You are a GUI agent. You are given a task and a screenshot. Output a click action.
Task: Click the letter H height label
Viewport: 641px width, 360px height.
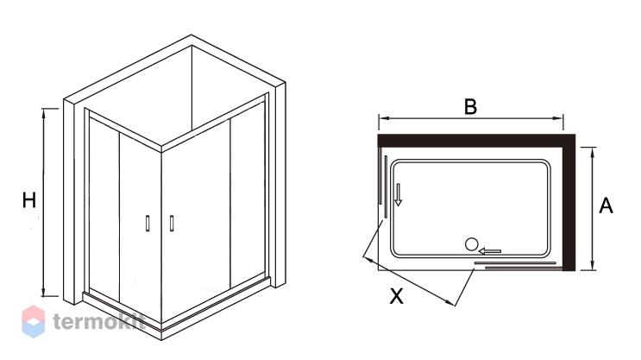tap(29, 200)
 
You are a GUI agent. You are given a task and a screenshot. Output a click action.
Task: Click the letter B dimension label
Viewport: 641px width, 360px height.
tap(470, 106)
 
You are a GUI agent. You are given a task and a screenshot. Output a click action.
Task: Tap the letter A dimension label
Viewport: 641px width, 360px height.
tap(606, 205)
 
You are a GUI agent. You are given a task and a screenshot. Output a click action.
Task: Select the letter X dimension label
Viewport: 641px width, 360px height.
tap(396, 296)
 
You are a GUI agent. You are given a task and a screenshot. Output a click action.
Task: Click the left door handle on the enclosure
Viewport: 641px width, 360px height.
tap(148, 224)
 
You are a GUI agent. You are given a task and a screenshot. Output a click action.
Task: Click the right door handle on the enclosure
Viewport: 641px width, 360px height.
tap(172, 224)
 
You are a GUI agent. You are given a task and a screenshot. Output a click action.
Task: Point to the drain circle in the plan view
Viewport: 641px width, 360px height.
tap(471, 244)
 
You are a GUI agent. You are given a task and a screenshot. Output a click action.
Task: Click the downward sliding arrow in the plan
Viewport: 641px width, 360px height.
tap(399, 194)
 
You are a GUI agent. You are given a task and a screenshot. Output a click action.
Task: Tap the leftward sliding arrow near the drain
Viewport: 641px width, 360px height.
tap(490, 250)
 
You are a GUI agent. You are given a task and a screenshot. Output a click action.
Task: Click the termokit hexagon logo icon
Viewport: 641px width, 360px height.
tap(33, 321)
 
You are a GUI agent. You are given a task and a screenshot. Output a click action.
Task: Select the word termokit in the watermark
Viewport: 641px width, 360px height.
tap(99, 321)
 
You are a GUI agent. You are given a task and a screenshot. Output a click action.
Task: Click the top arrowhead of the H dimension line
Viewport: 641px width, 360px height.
tap(44, 113)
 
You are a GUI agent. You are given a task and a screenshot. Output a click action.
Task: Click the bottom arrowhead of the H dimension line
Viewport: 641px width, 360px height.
tap(44, 292)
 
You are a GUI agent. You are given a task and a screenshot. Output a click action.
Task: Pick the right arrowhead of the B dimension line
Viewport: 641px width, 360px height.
tap(558, 118)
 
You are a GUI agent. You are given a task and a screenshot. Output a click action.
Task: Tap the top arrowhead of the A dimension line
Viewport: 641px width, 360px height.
tap(593, 151)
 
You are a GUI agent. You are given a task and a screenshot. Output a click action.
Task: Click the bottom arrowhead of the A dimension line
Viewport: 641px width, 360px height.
tap(593, 266)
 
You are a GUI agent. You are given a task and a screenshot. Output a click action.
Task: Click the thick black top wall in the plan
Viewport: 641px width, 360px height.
tap(477, 141)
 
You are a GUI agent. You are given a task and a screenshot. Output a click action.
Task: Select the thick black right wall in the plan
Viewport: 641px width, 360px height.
tap(569, 203)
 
